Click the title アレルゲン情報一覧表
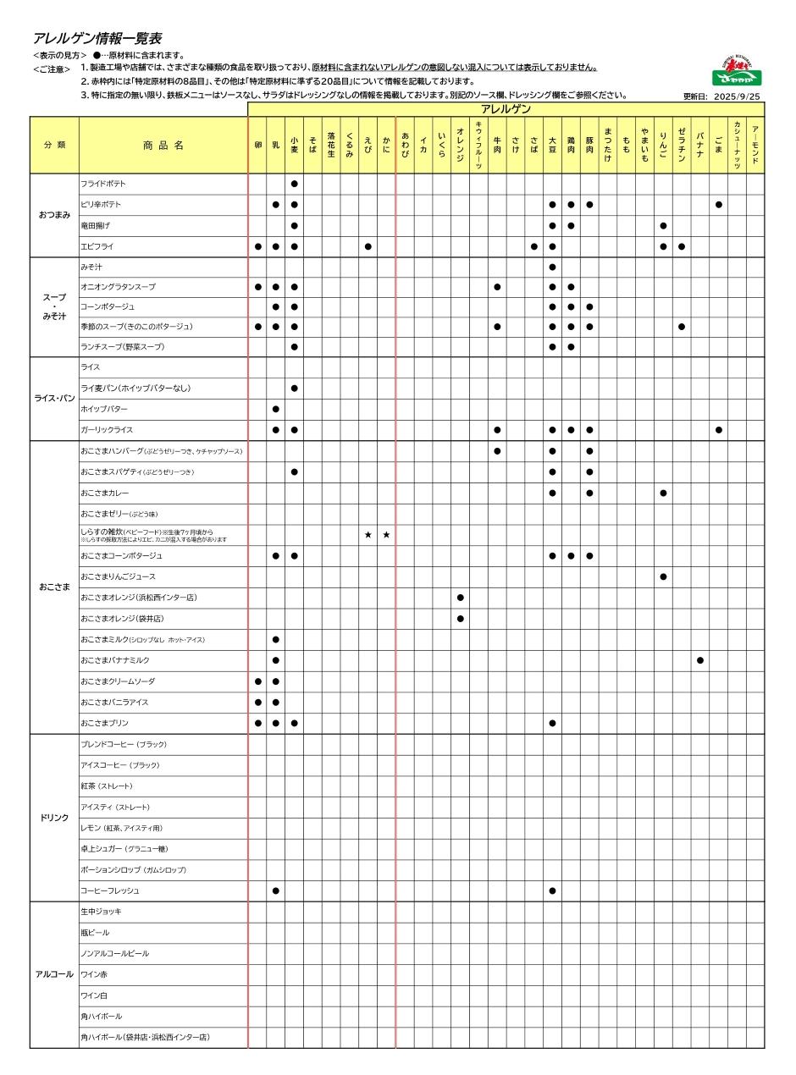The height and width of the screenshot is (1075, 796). [97, 39]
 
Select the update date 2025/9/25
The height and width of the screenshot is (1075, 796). [737, 96]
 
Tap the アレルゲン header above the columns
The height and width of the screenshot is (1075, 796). [506, 109]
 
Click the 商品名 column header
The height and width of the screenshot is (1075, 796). [163, 146]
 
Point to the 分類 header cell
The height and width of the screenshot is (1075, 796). [54, 146]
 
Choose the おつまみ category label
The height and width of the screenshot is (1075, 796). [54, 215]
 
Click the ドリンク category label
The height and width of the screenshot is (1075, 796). [54, 818]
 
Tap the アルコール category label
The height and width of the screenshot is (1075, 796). [54, 974]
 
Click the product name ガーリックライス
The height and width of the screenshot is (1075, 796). [107, 430]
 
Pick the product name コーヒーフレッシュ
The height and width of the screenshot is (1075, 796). [110, 890]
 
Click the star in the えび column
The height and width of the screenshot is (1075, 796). [368, 535]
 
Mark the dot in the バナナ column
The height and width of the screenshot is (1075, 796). [700, 660]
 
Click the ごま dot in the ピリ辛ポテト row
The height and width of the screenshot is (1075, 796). [719, 205]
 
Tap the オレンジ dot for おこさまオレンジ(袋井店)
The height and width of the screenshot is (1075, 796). [460, 618]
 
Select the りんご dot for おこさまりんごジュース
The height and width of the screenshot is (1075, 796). [663, 576]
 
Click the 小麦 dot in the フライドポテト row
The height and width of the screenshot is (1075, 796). [294, 184]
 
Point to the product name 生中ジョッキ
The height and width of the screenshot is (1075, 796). [101, 912]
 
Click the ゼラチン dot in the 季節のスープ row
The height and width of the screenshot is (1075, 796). [682, 327]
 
